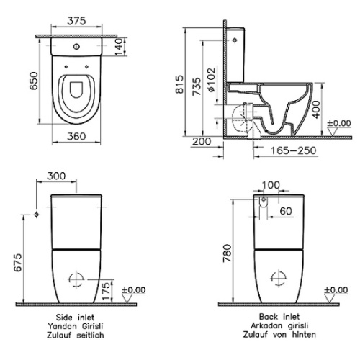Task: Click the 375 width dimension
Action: coord(76,21)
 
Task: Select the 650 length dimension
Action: coord(34,81)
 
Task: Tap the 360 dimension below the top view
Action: coord(76,136)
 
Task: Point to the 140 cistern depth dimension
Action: coord(119,47)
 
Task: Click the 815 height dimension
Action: coord(179,84)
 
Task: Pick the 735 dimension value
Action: coord(197,86)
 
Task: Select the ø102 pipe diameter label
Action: coord(212,80)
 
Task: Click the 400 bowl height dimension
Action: coord(316,109)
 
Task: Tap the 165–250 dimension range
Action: coord(294,150)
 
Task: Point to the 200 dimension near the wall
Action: coord(202,141)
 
